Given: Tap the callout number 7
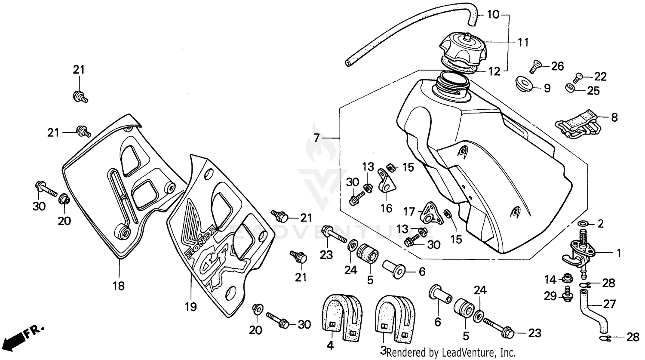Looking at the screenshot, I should (317, 138).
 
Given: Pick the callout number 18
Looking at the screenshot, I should (119, 285).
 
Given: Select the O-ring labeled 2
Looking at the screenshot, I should (583, 224).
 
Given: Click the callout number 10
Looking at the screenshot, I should (493, 15).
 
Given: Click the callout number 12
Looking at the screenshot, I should (494, 72).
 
